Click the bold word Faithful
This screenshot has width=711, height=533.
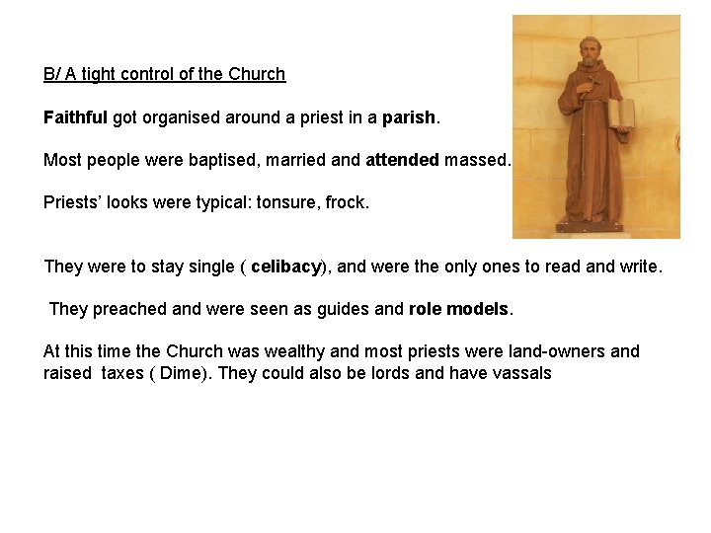[75, 117]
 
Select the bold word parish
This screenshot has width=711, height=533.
[409, 117]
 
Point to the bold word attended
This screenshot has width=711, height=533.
[402, 159]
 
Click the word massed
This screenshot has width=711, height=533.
[477, 159]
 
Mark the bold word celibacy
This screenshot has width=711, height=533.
[286, 266]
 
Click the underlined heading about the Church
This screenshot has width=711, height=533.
[164, 74]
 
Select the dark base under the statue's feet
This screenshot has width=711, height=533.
[592, 227]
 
